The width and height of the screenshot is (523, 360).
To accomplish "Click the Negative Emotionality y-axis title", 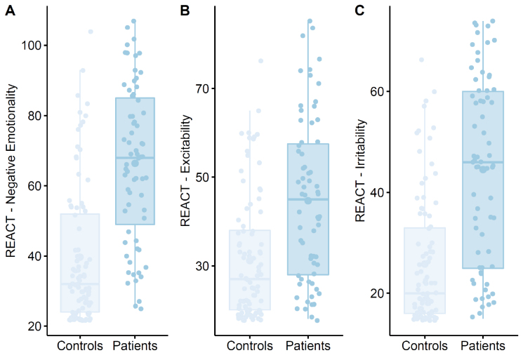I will tap(11, 170).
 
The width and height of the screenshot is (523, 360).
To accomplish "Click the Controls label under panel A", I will tap(79, 346).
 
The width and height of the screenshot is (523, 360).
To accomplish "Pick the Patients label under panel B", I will tap(308, 346).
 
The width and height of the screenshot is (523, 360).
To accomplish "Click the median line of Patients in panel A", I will tap(135, 158).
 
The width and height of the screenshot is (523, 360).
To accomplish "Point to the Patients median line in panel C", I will tap(483, 162).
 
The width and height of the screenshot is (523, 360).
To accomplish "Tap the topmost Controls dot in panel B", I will tap(260, 61).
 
